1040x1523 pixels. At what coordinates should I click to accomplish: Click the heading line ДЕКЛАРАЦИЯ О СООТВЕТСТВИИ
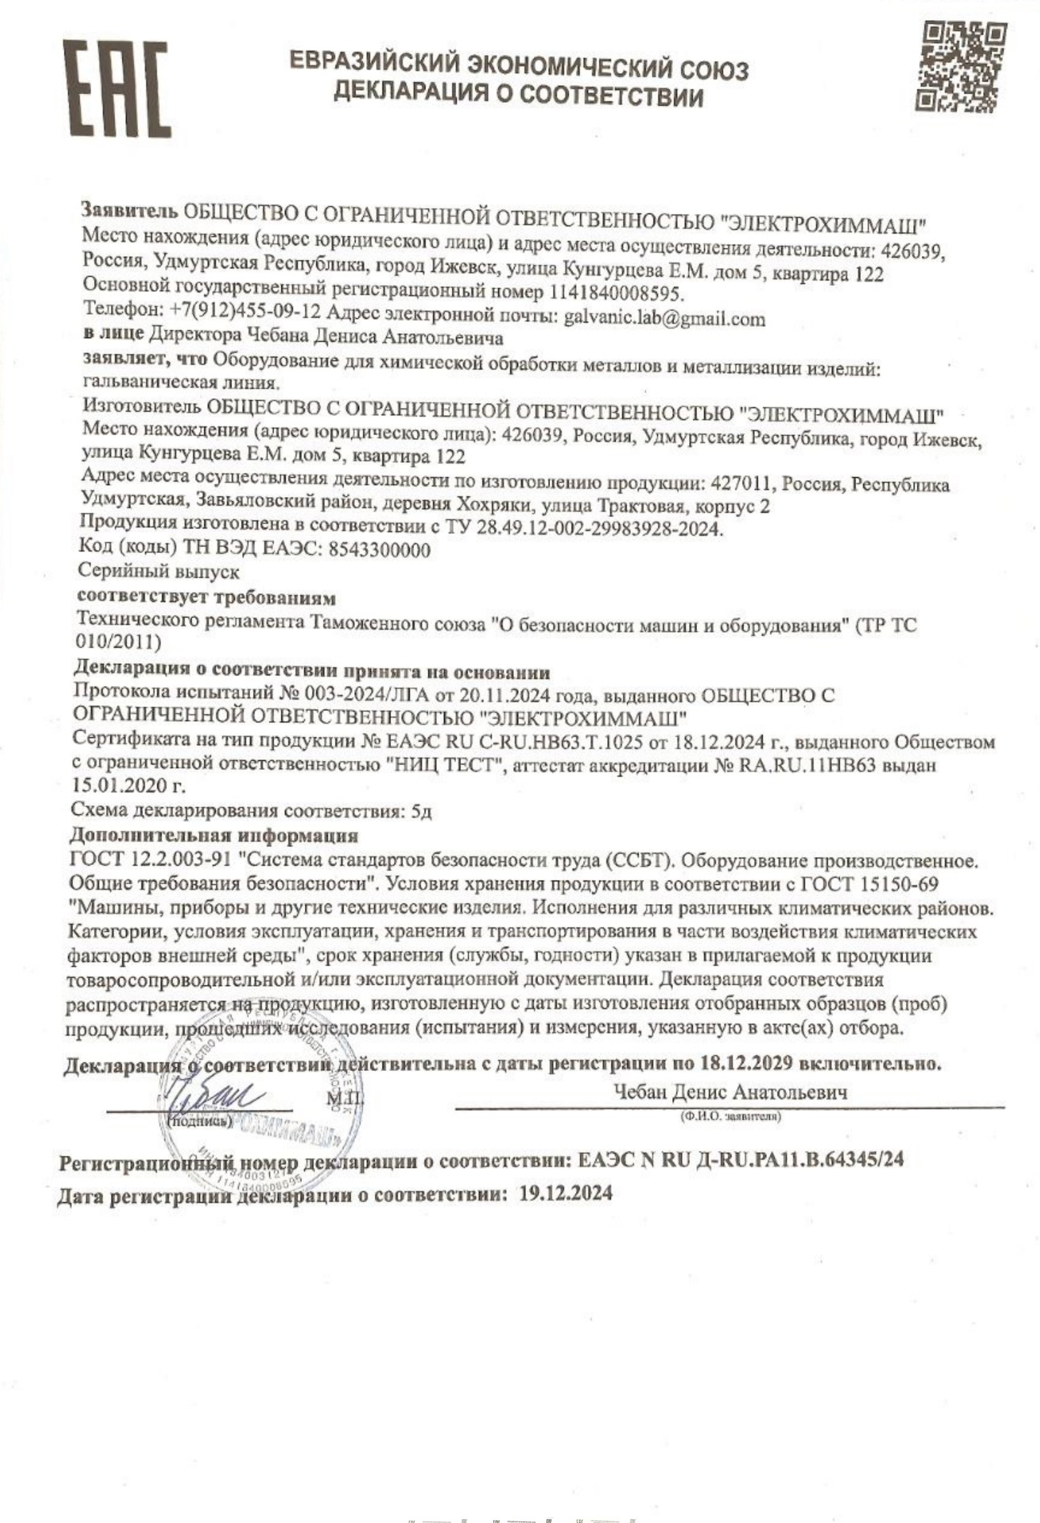pos(518,96)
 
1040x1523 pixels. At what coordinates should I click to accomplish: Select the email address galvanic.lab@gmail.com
pos(664,319)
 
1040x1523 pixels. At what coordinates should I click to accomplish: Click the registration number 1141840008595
pos(616,293)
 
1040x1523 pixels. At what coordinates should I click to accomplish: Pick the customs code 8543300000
pos(380,550)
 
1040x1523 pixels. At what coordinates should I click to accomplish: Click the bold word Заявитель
pos(128,211)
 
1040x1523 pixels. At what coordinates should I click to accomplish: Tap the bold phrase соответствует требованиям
pos(206,597)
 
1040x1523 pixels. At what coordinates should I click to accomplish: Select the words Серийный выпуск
pos(158,572)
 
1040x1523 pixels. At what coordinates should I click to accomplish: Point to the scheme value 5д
pos(421,811)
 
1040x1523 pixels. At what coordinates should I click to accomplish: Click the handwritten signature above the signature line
pos(210,1095)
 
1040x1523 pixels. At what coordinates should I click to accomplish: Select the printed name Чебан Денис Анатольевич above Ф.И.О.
pos(729,1092)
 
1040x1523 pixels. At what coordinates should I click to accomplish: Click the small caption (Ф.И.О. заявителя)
pos(729,1117)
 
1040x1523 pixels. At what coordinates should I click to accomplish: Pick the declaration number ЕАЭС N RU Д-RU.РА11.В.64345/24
pos(740,1160)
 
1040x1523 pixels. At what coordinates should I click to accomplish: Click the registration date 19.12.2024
pos(565,1193)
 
